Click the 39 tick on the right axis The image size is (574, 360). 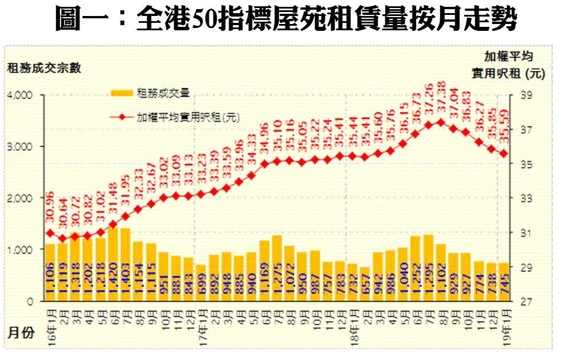[527, 95]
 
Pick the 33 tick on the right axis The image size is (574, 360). [527, 198]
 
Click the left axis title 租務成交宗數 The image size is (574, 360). [44, 68]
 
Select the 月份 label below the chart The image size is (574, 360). [21, 333]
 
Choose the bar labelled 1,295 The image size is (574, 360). [428, 268]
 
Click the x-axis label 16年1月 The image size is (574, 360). [50, 323]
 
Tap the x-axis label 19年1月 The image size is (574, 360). [504, 323]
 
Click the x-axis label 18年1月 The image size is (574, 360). [353, 323]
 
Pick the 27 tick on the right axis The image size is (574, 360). [527, 301]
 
